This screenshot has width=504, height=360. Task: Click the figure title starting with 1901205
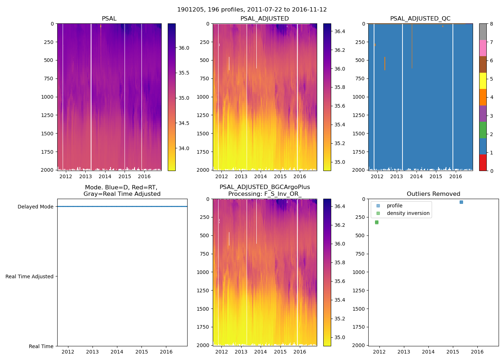point(252,10)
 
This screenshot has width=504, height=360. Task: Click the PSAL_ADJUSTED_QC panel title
point(420,19)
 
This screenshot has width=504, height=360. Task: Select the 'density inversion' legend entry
point(408,213)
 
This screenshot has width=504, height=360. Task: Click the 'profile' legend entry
point(395,206)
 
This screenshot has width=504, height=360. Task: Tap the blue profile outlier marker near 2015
point(461,202)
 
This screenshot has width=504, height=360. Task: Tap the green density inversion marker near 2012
point(377,222)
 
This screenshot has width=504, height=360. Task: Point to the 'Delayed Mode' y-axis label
point(35,207)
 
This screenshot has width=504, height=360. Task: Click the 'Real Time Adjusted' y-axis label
point(30,276)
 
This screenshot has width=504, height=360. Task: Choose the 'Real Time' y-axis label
point(41,346)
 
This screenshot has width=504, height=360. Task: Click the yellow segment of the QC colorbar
point(483,81)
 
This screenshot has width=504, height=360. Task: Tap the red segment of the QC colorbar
point(483,163)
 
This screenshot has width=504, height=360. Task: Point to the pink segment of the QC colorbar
point(483,48)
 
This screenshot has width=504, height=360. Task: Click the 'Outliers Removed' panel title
point(433,194)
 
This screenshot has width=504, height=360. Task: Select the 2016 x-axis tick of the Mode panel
point(166,352)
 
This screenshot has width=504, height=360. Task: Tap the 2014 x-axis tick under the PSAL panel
point(105,176)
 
